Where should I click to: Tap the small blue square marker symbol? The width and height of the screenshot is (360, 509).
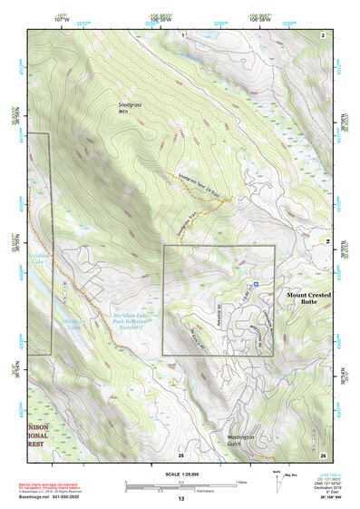click(x=257, y=284)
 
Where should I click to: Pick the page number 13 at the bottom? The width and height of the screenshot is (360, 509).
click(x=181, y=498)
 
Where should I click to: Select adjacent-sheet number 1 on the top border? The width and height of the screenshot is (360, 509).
click(x=182, y=34)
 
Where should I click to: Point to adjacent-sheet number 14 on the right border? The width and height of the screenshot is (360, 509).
click(x=328, y=241)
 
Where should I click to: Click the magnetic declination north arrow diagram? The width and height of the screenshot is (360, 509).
click(x=280, y=485)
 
